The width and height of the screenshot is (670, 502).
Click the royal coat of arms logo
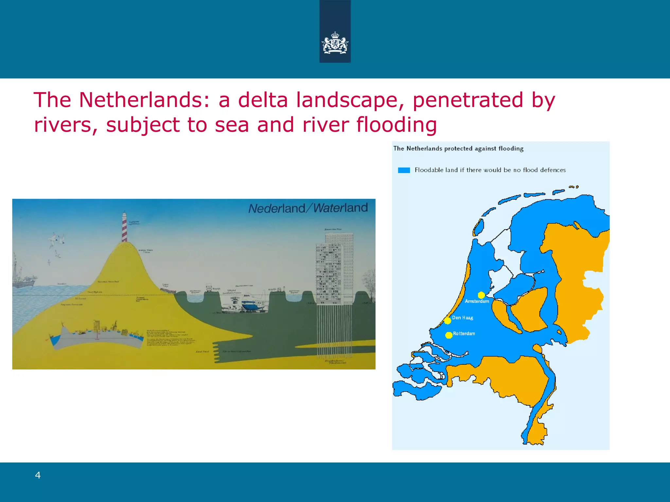pyautogui.click(x=335, y=43)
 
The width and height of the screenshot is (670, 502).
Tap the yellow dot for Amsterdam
pyautogui.click(x=481, y=295)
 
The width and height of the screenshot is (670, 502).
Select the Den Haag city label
pyautogui.click(x=463, y=318)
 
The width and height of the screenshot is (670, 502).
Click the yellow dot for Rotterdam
pyautogui.click(x=449, y=335)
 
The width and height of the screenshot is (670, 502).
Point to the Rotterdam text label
pyautogui.click(x=464, y=333)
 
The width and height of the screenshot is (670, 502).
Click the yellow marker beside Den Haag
pyautogui.click(x=448, y=321)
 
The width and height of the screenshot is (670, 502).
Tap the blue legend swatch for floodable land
pyautogui.click(x=404, y=170)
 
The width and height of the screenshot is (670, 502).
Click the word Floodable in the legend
pyautogui.click(x=429, y=170)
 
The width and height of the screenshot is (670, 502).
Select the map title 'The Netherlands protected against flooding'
pyautogui.click(x=458, y=149)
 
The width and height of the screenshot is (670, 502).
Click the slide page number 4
pyautogui.click(x=38, y=475)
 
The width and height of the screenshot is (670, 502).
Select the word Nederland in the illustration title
pyautogui.click(x=276, y=208)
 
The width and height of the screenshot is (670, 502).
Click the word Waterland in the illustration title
pyautogui.click(x=341, y=208)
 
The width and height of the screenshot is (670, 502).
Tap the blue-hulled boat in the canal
pyautogui.click(x=252, y=305)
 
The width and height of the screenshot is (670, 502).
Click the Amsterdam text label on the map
pyautogui.click(x=477, y=301)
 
